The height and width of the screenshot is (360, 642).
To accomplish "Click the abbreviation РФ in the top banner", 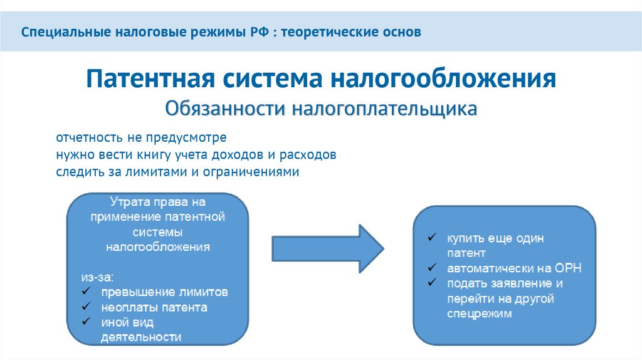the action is pyautogui.click(x=257, y=31).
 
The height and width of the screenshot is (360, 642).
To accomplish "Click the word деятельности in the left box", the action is pyautogui.click(x=141, y=337).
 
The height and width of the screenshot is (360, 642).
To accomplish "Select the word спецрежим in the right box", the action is pyautogui.click(x=480, y=314).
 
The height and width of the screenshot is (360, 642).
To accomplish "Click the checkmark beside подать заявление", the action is pyautogui.click(x=432, y=283).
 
